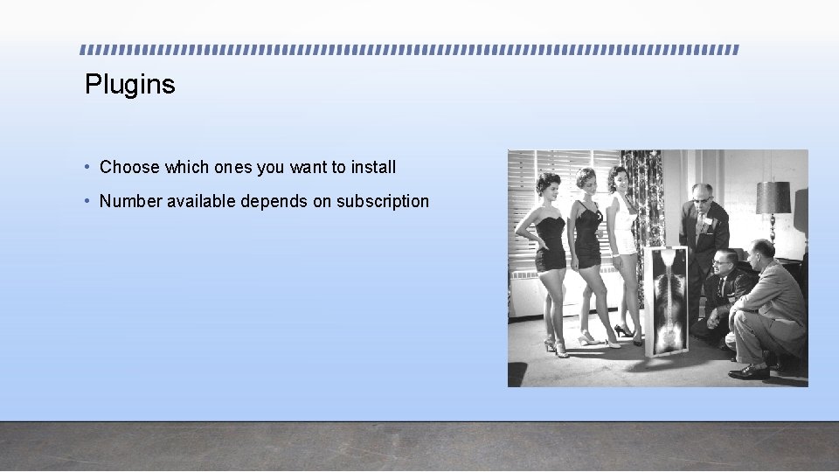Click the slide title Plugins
coord(130,85)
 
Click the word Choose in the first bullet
coord(129,167)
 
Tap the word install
coord(373,167)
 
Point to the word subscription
coord(383,201)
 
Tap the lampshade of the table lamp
coord(773,198)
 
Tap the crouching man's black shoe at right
coord(749,371)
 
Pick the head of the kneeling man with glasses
coord(724,263)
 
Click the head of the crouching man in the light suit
coord(761,253)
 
